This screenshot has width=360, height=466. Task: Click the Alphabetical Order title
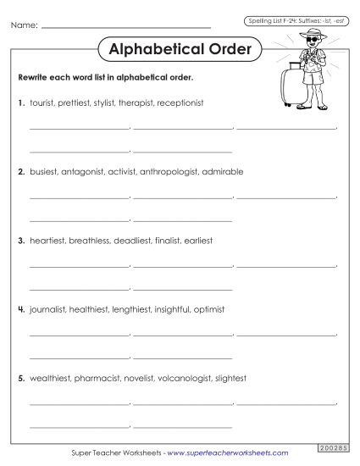(x=180, y=49)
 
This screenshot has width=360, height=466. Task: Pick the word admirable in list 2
(x=223, y=171)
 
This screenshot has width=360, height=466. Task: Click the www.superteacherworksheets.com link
(x=228, y=453)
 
